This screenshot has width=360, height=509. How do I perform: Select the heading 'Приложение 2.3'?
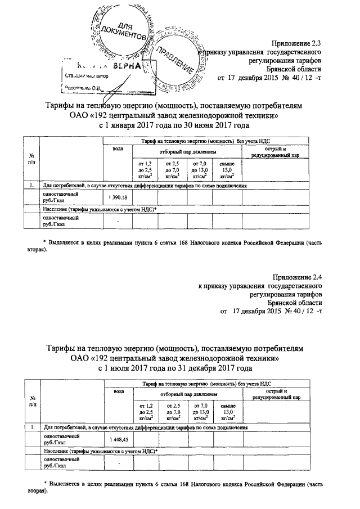(x=297, y=43)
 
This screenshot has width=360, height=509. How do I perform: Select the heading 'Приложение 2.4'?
(x=297, y=277)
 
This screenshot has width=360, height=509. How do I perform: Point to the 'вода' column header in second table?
(x=119, y=391)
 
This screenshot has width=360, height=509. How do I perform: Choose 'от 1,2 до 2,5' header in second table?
(x=145, y=412)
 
